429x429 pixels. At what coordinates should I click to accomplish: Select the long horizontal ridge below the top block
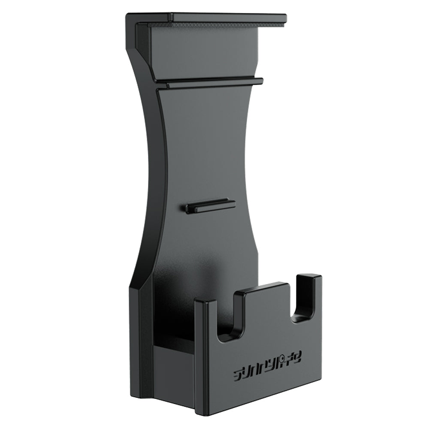[x=210, y=83]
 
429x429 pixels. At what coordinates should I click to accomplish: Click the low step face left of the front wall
[x=174, y=365]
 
